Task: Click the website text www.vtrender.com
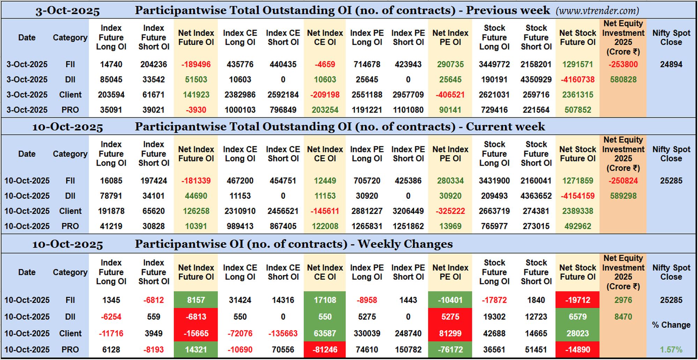click(597, 11)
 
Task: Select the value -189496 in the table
click(196, 65)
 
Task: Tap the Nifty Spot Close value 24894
click(671, 65)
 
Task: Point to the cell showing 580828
click(623, 80)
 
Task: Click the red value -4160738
click(578, 80)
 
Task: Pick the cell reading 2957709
click(408, 95)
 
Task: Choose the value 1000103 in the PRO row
click(240, 110)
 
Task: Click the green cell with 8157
click(196, 300)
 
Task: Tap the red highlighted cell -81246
click(325, 350)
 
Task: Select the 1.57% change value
click(671, 350)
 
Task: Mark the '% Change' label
click(671, 325)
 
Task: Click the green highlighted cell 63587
click(325, 333)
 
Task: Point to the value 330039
click(366, 333)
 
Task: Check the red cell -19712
click(578, 300)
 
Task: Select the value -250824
click(623, 181)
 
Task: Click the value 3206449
click(408, 211)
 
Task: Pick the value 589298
click(623, 196)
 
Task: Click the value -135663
click(283, 333)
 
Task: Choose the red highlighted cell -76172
click(450, 350)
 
